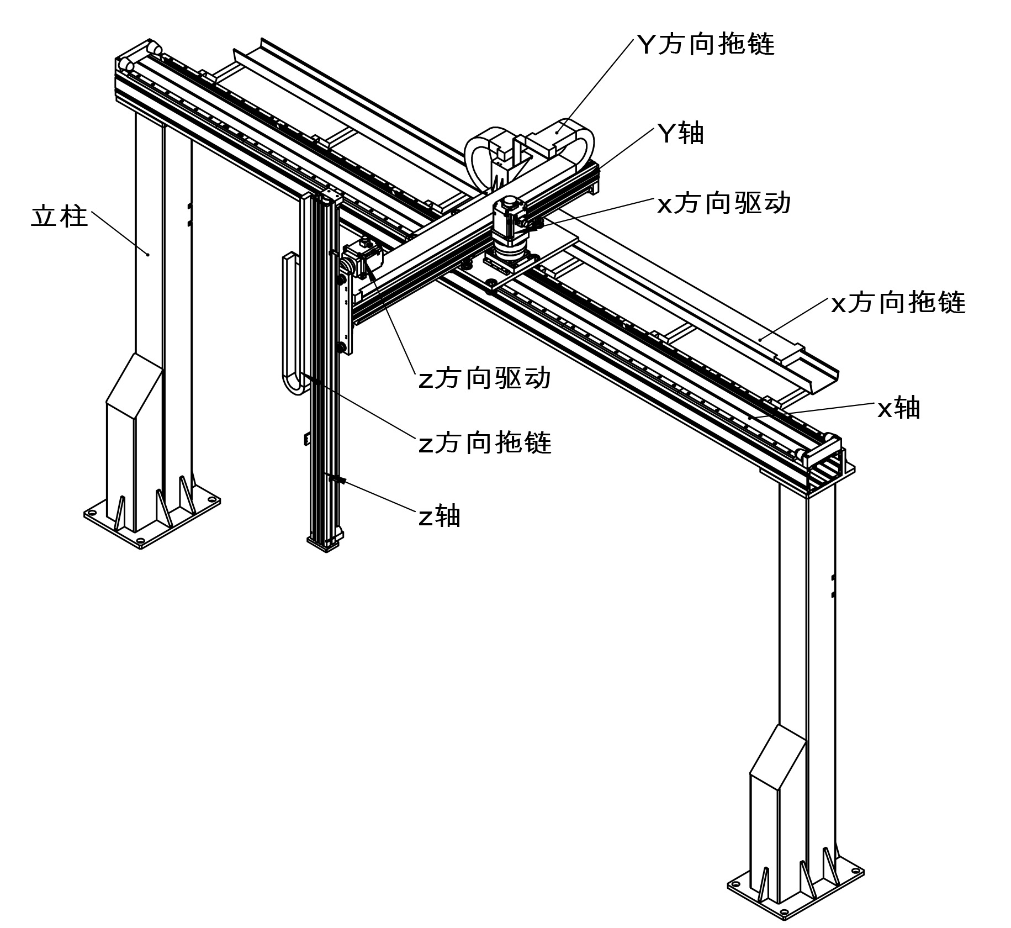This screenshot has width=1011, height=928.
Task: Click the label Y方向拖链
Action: pos(706,44)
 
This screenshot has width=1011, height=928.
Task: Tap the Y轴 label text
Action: pos(680,133)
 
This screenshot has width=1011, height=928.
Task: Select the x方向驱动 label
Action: pos(724,203)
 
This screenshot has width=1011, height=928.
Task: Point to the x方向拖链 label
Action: pos(898,303)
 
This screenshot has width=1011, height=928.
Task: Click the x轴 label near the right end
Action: pos(899,408)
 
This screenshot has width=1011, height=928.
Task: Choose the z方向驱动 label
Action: pos(485,379)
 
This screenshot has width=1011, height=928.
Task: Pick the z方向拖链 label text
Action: pos(485,443)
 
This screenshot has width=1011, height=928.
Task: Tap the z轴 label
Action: pos(439,516)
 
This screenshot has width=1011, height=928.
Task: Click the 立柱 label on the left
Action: pos(59,216)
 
